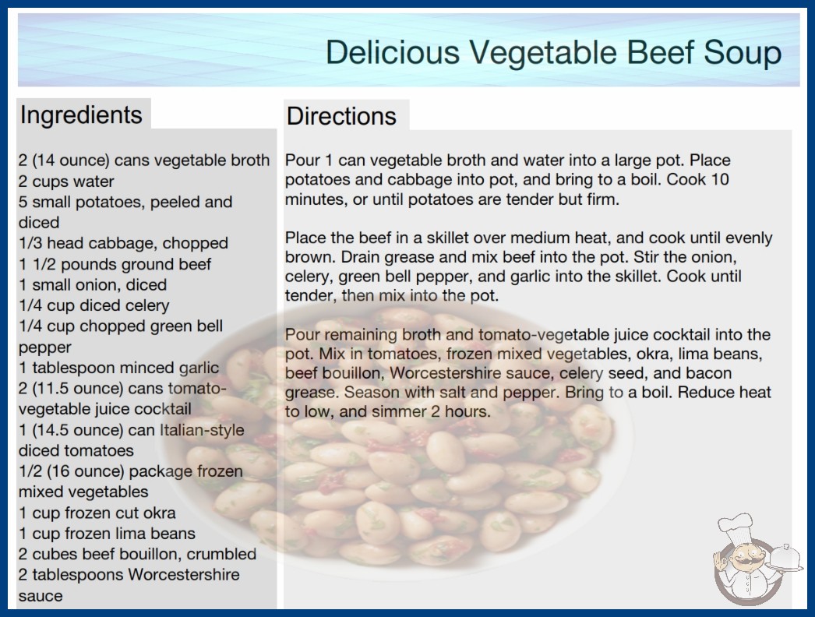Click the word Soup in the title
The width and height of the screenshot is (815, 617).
click(743, 53)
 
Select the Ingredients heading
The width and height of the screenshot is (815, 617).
click(81, 115)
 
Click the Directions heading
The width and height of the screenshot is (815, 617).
click(341, 116)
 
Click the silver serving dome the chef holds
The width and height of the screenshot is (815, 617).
click(786, 558)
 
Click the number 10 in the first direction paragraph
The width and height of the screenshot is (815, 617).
click(720, 179)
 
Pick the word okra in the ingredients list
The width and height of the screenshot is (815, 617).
click(160, 513)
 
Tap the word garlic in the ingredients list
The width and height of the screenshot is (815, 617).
click(199, 368)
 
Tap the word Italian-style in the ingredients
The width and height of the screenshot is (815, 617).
click(202, 430)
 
